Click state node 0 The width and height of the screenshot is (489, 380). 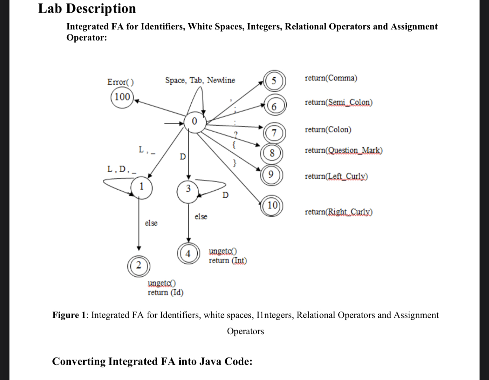[194, 121]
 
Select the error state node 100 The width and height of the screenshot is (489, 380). [122, 97]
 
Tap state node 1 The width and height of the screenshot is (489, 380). [142, 186]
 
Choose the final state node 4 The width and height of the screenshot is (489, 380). [188, 254]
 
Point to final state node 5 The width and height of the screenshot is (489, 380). [274, 81]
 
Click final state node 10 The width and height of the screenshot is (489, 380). [272, 205]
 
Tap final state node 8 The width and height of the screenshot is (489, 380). [272, 154]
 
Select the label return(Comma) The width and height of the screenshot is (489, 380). [331, 78]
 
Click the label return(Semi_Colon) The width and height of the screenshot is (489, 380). [339, 102]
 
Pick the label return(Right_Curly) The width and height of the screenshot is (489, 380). [339, 212]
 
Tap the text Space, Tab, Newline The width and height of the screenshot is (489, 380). [200, 80]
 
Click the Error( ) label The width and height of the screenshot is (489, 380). [120, 82]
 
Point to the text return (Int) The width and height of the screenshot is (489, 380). [228, 261]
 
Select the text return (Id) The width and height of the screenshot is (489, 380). [165, 292]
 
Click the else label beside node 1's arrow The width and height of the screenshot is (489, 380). [151, 223]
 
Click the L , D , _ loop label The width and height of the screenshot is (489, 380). [122, 170]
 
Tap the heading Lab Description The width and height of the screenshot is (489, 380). [87, 8]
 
